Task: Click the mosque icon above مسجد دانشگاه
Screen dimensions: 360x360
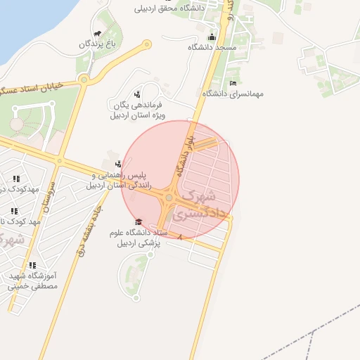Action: click(212, 37)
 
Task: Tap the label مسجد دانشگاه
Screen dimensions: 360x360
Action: click(212, 47)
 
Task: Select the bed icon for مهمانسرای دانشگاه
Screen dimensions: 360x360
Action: click(233, 83)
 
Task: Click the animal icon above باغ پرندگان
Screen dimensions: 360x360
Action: click(96, 32)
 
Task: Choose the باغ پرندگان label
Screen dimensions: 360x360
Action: click(96, 44)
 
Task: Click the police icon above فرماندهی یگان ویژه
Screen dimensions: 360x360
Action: click(137, 94)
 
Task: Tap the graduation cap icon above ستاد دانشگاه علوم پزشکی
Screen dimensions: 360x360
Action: click(137, 222)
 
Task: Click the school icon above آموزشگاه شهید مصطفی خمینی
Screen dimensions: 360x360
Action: click(33, 265)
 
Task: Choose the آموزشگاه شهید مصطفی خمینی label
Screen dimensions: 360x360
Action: click(32, 281)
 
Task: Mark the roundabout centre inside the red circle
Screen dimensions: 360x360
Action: click(169, 199)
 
